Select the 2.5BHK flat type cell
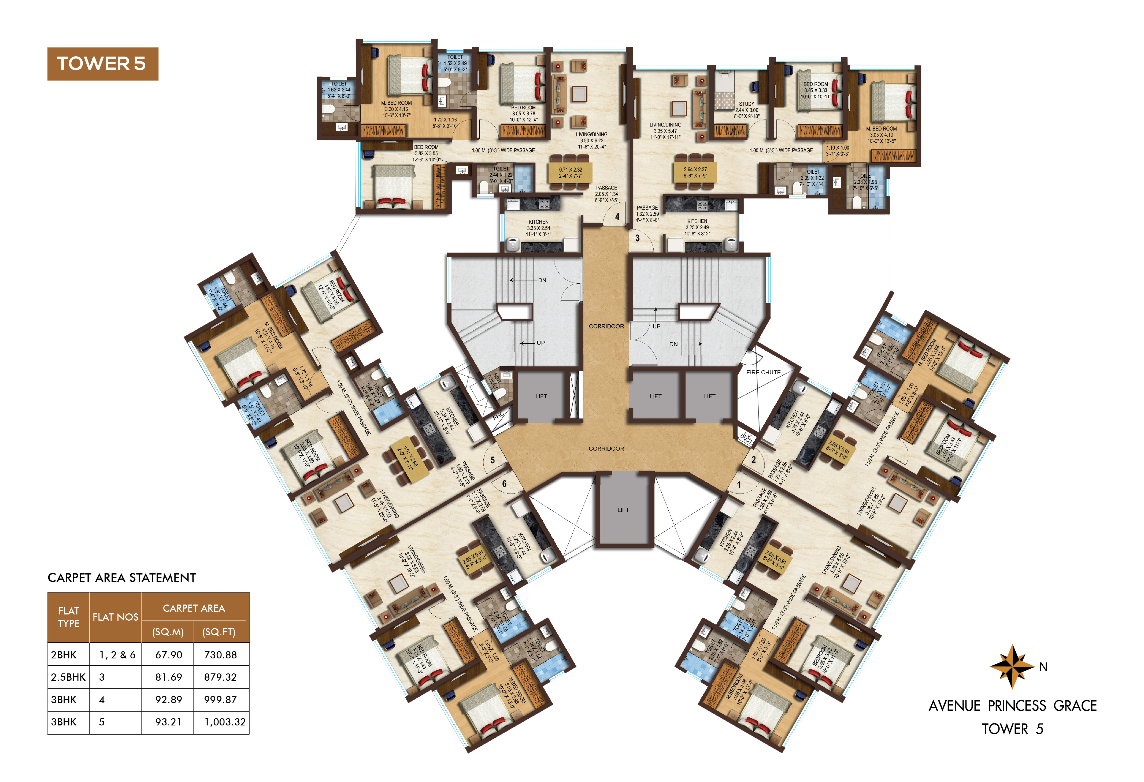coord(68,677)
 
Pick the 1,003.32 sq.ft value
coord(224,722)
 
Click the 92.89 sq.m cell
coord(168,699)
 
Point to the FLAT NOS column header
coord(115,617)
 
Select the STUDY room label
coord(746,104)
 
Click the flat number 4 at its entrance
coord(617,217)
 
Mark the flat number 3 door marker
coord(638,238)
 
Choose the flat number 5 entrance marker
coord(492,460)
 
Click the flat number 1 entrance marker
coord(738,485)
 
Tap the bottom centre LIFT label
coord(623,510)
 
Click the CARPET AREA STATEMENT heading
coord(122,578)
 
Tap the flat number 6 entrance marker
coord(504,484)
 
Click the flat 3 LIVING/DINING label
coord(665,125)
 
